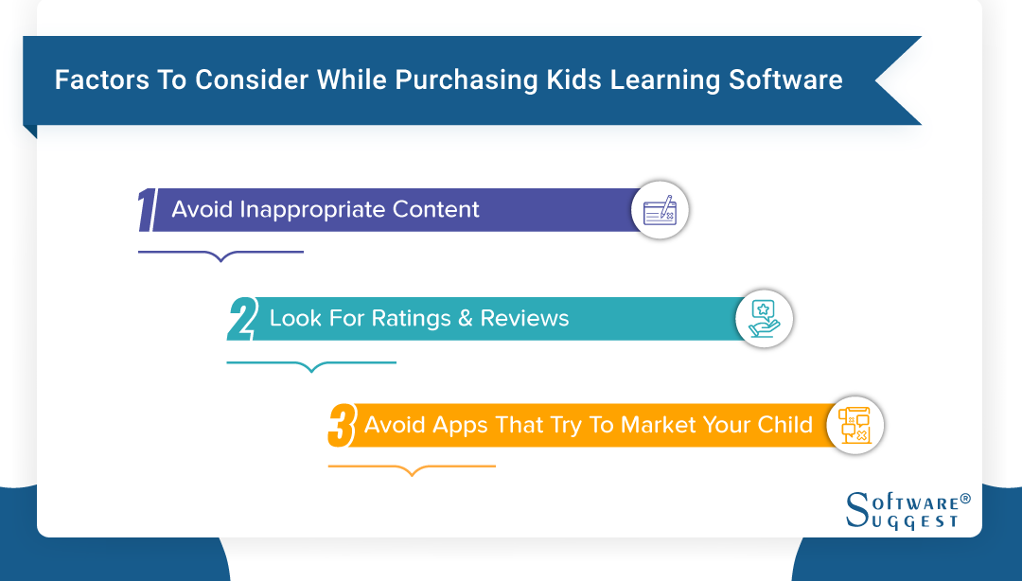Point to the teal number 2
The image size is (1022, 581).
(x=242, y=319)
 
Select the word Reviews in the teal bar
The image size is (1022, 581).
(x=524, y=319)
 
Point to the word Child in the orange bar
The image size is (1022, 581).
(x=784, y=425)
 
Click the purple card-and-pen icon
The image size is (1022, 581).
(x=661, y=210)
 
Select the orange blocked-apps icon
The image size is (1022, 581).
(x=855, y=426)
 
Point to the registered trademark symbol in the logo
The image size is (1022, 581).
(x=965, y=498)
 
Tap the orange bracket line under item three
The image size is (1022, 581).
(x=412, y=467)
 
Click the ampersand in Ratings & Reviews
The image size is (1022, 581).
(x=465, y=319)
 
